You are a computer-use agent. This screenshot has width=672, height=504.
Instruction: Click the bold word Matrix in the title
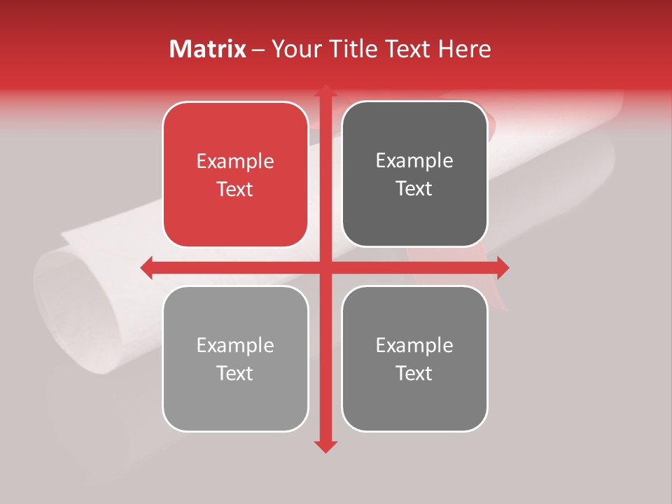click(208, 49)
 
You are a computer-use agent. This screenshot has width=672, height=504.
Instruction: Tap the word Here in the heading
click(464, 49)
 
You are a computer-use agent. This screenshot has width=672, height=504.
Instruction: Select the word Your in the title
click(293, 49)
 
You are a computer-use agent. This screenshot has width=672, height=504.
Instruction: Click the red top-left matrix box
click(235, 175)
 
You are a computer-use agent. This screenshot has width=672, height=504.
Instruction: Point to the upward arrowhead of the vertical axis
click(325, 91)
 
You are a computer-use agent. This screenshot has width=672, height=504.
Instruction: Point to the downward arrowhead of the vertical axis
click(325, 446)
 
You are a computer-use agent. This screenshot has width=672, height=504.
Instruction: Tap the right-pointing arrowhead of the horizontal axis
click(502, 267)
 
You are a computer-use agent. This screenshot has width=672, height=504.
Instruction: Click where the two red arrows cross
click(325, 267)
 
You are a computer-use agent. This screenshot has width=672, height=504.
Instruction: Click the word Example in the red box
click(235, 162)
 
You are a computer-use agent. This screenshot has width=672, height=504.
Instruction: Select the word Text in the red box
click(235, 189)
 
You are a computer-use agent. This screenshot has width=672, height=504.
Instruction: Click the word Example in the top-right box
click(414, 161)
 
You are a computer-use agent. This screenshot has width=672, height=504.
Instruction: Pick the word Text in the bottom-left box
click(235, 373)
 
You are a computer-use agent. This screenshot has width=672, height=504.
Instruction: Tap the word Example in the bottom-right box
click(414, 345)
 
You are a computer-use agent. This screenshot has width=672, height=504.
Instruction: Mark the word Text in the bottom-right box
click(414, 373)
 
